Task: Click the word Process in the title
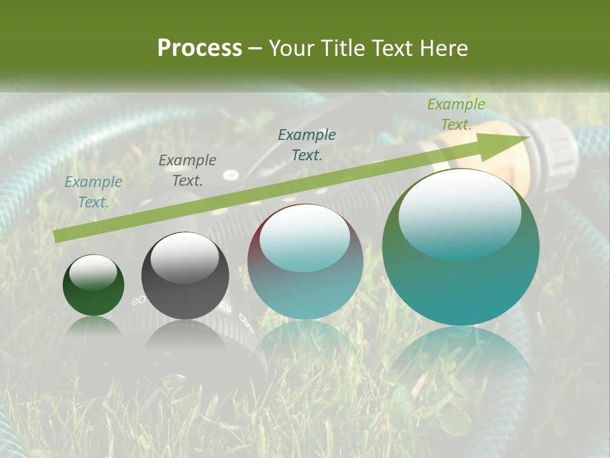click(200, 48)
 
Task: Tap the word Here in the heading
click(442, 48)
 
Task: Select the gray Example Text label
click(187, 170)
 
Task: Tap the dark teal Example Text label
click(307, 144)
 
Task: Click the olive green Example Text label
click(456, 114)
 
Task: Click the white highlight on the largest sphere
click(459, 212)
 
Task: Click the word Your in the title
click(290, 48)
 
